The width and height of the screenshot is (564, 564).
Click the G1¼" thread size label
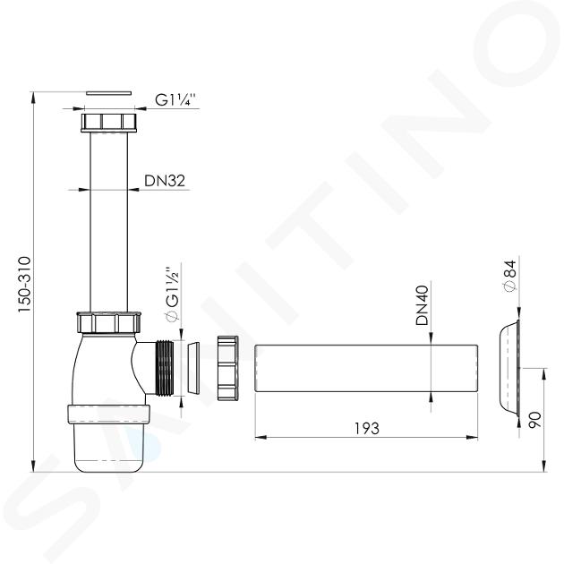175,99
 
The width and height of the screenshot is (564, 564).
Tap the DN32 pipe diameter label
165,181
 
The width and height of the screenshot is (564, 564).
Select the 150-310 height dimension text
25,284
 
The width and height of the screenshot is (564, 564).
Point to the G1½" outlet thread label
172,294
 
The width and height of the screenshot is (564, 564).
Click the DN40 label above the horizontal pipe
423,305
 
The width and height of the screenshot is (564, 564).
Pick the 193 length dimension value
367,429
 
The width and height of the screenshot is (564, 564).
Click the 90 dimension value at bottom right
534,420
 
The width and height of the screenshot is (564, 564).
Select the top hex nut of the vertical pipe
109,123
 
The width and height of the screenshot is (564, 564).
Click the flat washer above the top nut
109,93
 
